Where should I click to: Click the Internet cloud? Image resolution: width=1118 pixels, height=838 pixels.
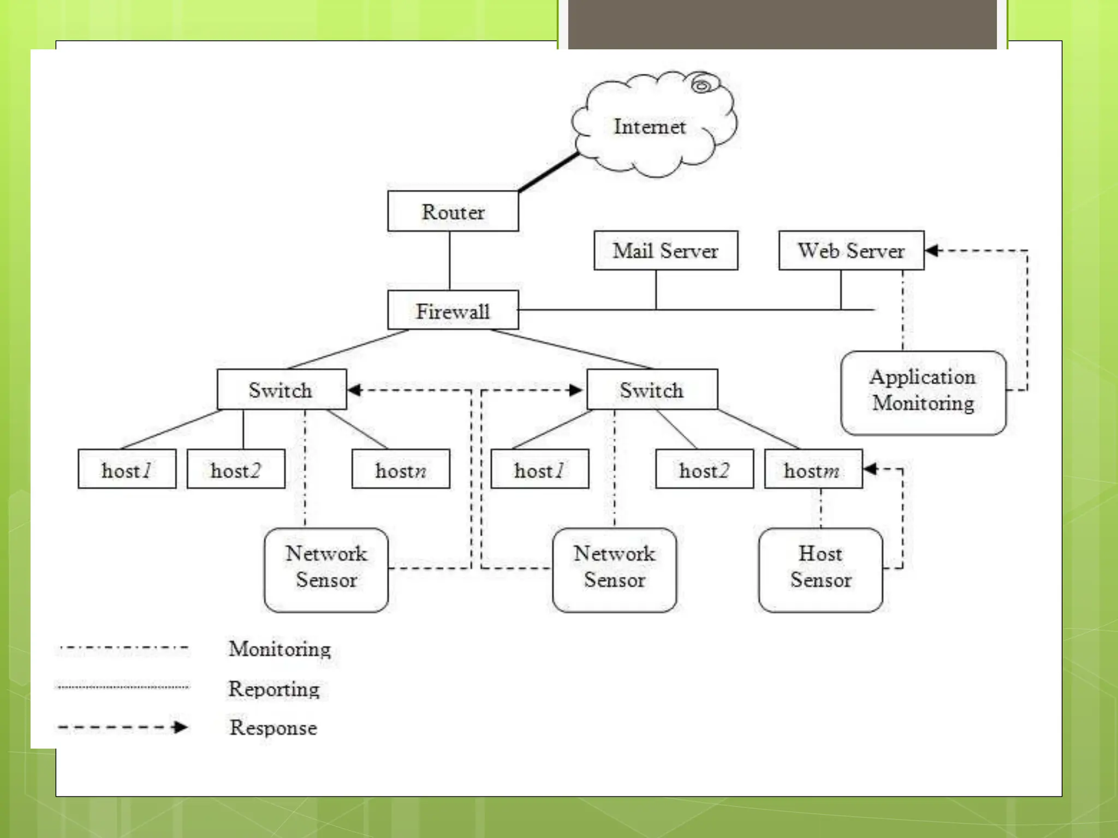tap(650, 127)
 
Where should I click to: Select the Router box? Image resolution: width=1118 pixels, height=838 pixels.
tap(453, 212)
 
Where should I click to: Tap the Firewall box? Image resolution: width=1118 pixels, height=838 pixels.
tap(453, 310)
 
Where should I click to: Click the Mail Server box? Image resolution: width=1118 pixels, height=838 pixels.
tap(665, 250)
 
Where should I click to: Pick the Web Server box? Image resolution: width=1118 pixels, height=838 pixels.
tap(851, 250)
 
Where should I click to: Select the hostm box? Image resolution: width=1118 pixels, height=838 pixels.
tap(813, 469)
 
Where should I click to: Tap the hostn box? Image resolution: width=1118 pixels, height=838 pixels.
tap(401, 469)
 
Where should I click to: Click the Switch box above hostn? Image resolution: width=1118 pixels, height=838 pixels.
tap(282, 390)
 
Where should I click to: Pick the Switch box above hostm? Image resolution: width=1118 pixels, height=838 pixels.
tap(652, 390)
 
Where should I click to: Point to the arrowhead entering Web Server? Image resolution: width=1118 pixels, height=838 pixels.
tap(932, 250)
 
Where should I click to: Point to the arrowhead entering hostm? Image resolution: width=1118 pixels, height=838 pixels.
tap(871, 469)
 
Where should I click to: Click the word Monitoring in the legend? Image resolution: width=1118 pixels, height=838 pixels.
tap(279, 649)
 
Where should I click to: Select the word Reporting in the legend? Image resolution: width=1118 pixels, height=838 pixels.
tap(273, 689)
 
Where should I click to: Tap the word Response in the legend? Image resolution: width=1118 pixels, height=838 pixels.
tap(273, 728)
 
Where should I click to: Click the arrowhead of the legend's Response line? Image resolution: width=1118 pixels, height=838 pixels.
tap(180, 727)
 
